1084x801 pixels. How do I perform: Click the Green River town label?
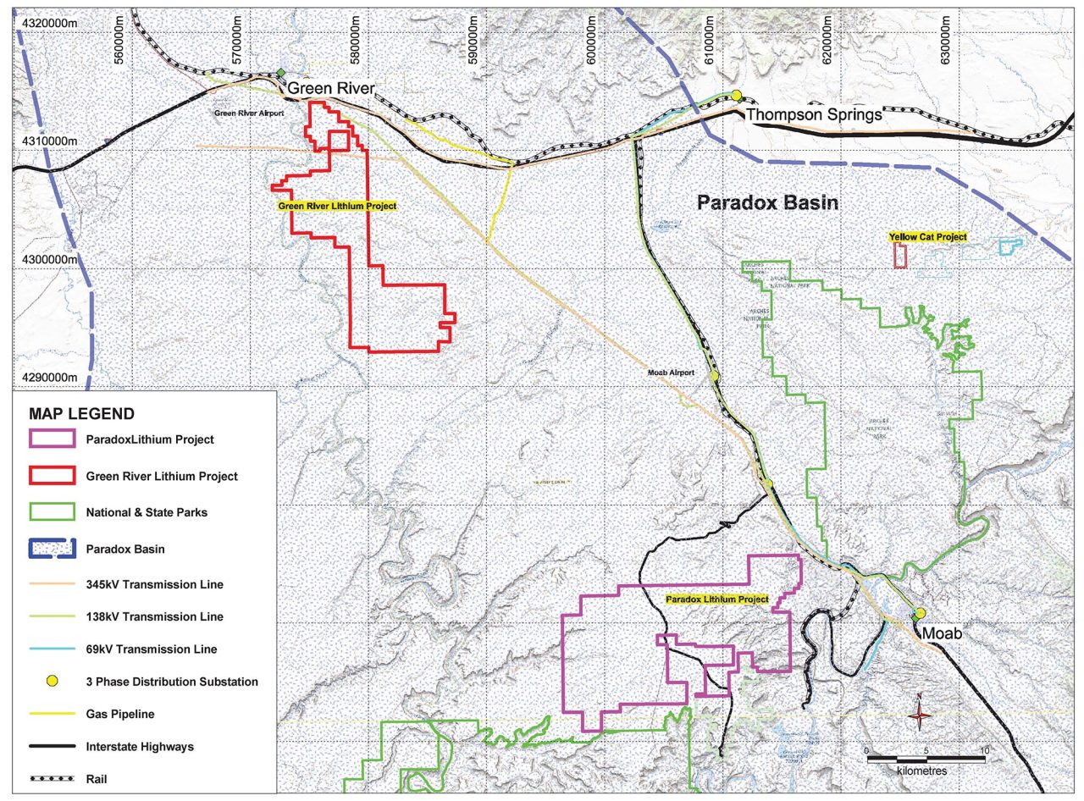330,89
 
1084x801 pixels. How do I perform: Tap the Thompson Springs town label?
813,114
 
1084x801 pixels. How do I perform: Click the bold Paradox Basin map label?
767,202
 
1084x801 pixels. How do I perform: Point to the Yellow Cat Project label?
927,237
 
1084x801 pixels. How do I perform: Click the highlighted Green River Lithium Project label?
337,206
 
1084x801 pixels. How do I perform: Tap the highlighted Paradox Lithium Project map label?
716,599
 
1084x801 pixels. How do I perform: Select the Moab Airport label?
672,373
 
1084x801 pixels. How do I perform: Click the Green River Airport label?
248,112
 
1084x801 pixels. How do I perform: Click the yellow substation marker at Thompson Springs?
737,95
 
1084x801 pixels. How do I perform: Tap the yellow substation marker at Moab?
920,613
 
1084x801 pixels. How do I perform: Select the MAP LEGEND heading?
81,414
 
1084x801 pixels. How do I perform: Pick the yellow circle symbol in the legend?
53,681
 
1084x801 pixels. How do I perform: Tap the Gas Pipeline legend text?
120,714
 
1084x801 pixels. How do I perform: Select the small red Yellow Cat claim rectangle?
901,256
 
